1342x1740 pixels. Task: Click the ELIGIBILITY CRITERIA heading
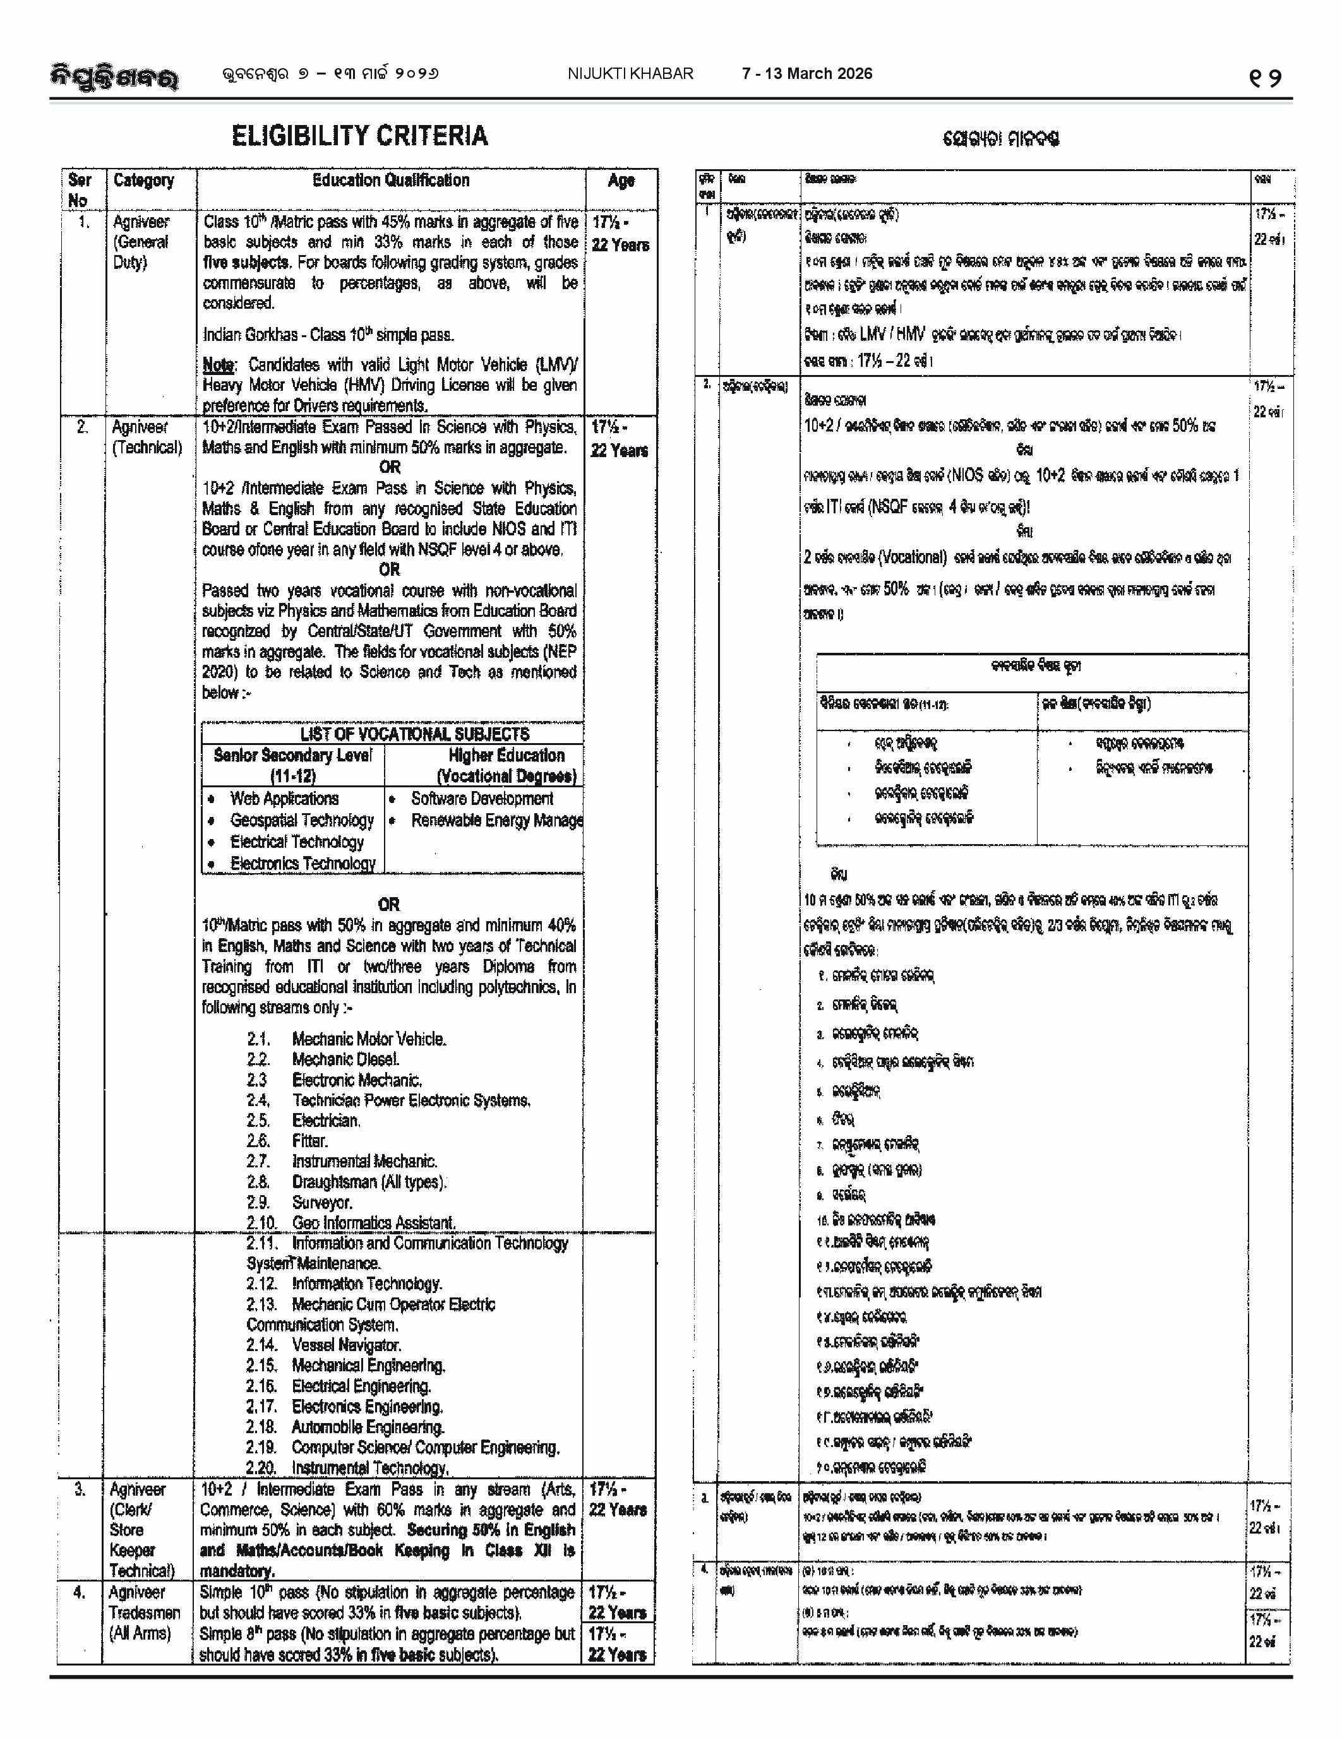(x=359, y=136)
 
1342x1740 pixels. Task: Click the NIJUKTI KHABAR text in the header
(x=630, y=74)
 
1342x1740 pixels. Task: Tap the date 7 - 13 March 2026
(x=806, y=74)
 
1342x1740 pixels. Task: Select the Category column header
(x=143, y=181)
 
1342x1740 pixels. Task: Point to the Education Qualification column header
(x=390, y=181)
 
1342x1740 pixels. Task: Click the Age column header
(x=621, y=181)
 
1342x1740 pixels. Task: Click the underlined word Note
(x=217, y=365)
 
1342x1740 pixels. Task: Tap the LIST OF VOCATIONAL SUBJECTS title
(x=414, y=734)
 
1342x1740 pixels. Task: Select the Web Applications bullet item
(x=284, y=798)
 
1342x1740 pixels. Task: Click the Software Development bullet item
(x=481, y=798)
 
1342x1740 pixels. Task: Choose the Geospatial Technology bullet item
(x=301, y=819)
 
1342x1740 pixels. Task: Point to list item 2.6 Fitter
(x=310, y=1141)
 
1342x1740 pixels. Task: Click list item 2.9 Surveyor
(x=322, y=1202)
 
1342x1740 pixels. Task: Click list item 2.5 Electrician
(x=326, y=1120)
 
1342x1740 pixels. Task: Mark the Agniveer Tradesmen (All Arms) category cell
(x=140, y=1612)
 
